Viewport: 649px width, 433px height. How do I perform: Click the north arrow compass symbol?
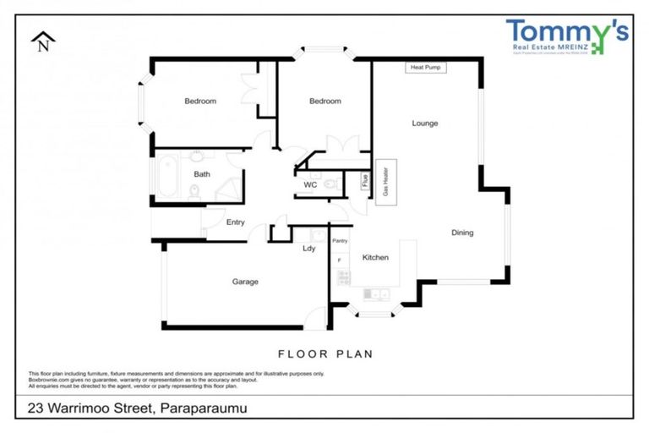[x=42, y=41]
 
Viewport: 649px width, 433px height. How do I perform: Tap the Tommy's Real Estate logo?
[x=566, y=37]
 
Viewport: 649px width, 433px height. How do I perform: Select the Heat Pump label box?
[x=425, y=67]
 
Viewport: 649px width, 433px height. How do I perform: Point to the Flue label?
[x=365, y=179]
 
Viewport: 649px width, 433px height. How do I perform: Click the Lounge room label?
[x=424, y=123]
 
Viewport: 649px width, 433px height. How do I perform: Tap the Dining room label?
[x=461, y=233]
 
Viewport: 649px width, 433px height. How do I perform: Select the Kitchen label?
[x=375, y=257]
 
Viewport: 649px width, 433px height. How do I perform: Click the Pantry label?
[x=340, y=241]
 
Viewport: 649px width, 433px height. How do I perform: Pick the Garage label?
[x=246, y=282]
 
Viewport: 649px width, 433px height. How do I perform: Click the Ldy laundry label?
[x=309, y=249]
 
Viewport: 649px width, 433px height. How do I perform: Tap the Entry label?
[x=235, y=222]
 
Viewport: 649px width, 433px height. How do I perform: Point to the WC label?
[x=310, y=184]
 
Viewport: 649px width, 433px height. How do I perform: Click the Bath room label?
[x=201, y=174]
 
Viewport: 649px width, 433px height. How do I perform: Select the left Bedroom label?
[x=200, y=101]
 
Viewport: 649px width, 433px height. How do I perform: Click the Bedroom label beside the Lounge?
[x=324, y=101]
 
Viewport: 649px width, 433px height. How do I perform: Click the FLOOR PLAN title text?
[x=325, y=354]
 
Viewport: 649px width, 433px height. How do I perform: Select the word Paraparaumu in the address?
[x=203, y=408]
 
